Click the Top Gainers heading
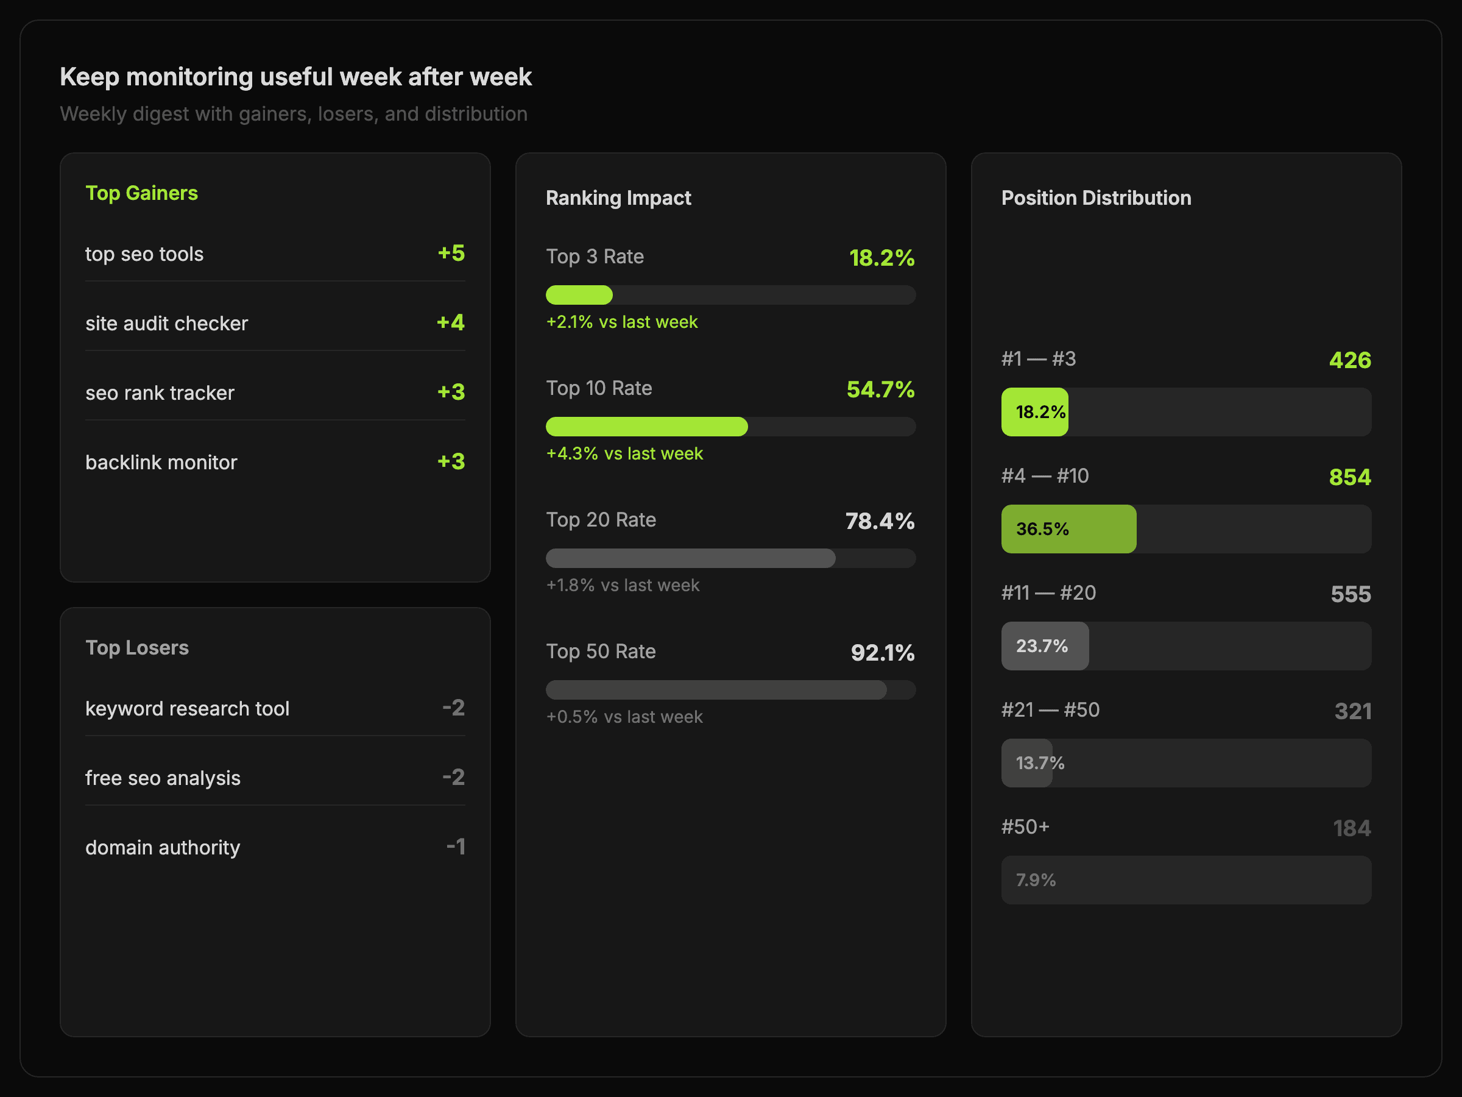(x=141, y=193)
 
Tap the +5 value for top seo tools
(x=451, y=254)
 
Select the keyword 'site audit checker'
(x=166, y=324)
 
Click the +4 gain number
(x=450, y=322)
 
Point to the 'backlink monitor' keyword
(x=161, y=462)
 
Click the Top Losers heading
(x=137, y=647)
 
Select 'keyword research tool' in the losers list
(x=187, y=708)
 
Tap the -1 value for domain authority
(x=456, y=847)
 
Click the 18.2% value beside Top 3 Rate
(x=881, y=258)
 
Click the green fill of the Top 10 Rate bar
(x=646, y=427)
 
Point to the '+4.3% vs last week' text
(x=624, y=453)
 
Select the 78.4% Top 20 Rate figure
(x=880, y=521)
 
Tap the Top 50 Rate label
(x=600, y=651)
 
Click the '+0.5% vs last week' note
(x=624, y=717)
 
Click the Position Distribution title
(x=1096, y=197)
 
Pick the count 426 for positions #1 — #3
(x=1350, y=360)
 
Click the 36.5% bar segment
(x=1068, y=529)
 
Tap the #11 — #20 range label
(x=1048, y=592)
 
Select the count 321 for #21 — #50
(x=1352, y=711)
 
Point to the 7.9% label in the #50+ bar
(x=1035, y=880)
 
